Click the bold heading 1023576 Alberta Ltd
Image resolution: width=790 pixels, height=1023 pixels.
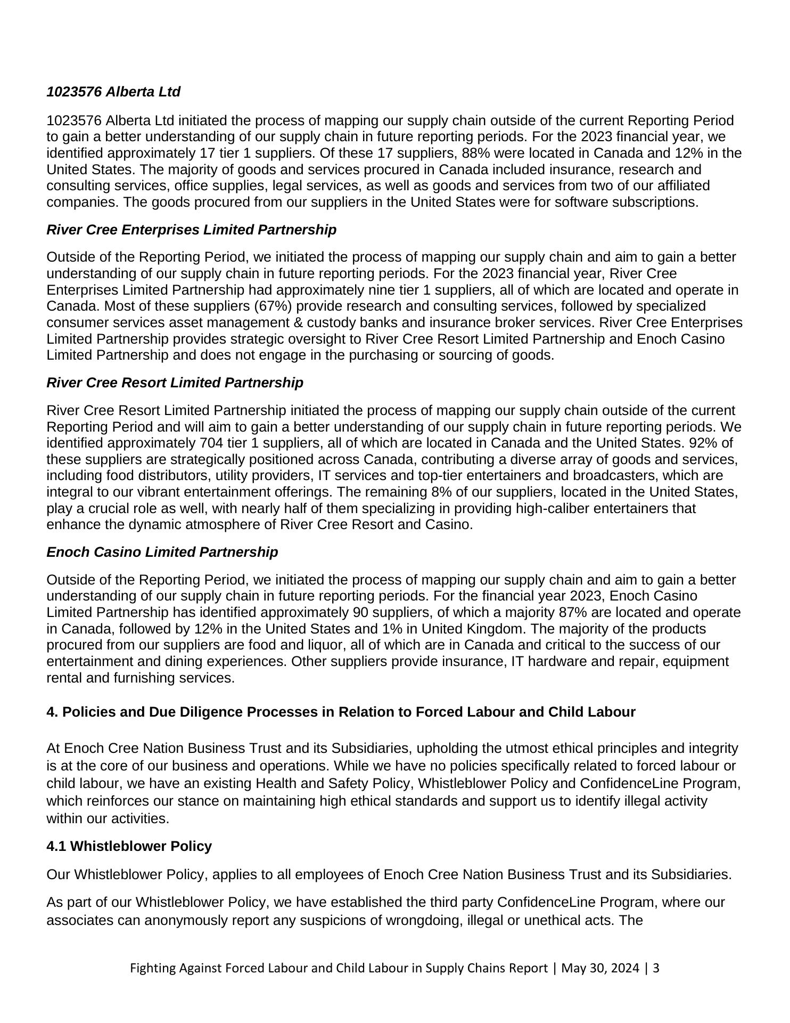coord(113,92)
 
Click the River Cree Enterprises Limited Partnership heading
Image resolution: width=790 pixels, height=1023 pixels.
coord(192,230)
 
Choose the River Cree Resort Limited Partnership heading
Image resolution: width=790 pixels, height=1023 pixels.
coord(175,383)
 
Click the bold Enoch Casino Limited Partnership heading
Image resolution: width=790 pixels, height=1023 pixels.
coord(162,552)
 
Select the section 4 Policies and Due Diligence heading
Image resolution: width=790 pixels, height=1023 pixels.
coord(341,712)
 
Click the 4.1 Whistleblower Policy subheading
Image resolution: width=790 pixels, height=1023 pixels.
coord(129,846)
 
